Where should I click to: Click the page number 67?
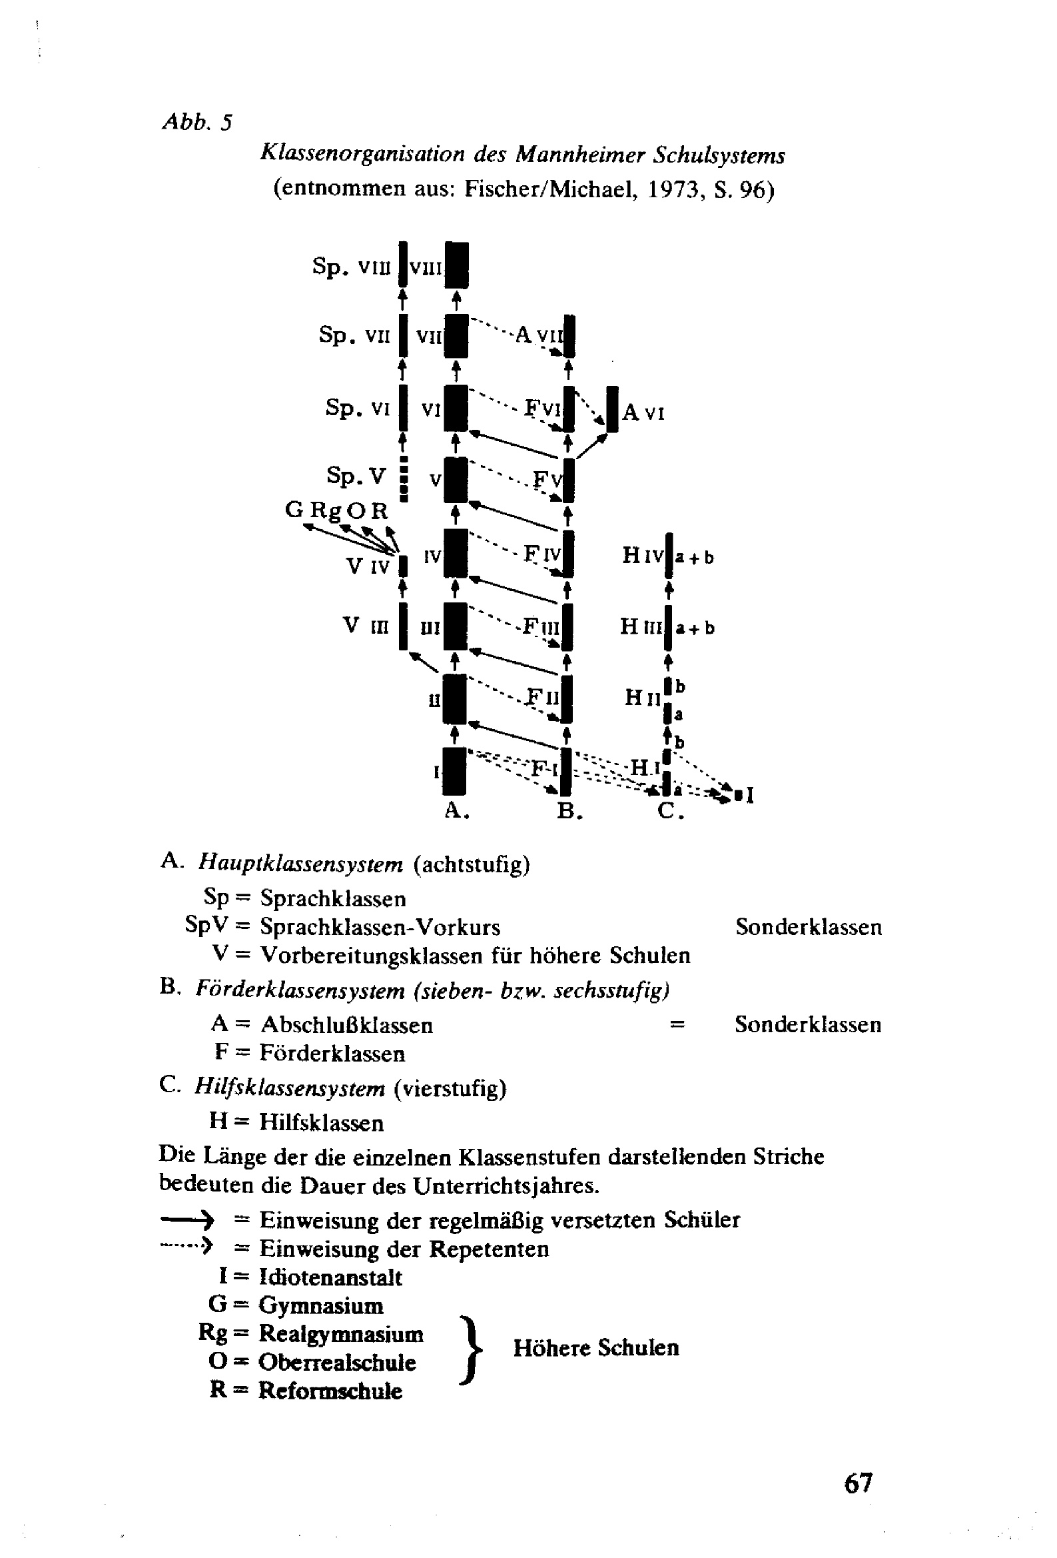858,1482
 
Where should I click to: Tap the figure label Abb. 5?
197,122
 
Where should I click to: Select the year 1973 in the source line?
673,190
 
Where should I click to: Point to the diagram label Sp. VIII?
350,267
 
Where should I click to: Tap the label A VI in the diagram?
643,412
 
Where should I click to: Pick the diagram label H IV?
642,556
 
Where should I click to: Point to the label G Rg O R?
336,511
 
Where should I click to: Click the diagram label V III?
366,626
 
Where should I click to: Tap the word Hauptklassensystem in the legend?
300,865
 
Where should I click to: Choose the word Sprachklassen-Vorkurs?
380,927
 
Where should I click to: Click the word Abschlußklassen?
346,1025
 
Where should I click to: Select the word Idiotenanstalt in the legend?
330,1277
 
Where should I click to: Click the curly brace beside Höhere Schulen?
472,1349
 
